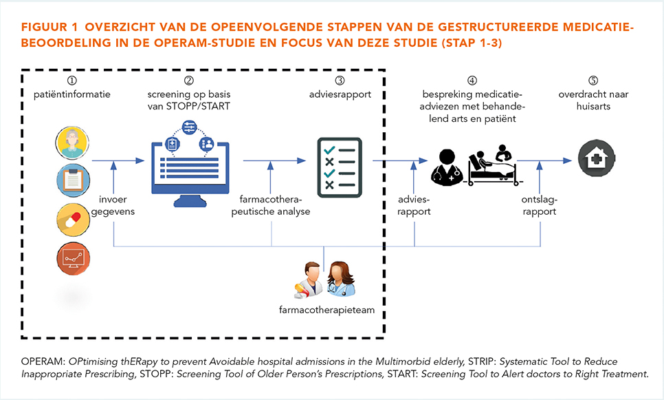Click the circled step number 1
point(72,80)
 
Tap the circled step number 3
point(340,80)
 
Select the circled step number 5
point(593,80)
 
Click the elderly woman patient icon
point(72,143)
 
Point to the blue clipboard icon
point(73,180)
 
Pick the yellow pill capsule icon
point(74,219)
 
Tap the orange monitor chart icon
point(74,258)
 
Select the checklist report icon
point(340,167)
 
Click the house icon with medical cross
point(597,158)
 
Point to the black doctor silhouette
point(447,167)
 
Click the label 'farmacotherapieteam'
point(327,310)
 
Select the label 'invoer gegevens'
point(113,205)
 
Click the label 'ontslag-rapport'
point(539,205)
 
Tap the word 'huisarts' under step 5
point(593,107)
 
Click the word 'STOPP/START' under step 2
point(198,107)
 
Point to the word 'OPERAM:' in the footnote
point(43,361)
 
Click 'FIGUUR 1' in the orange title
point(50,27)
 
